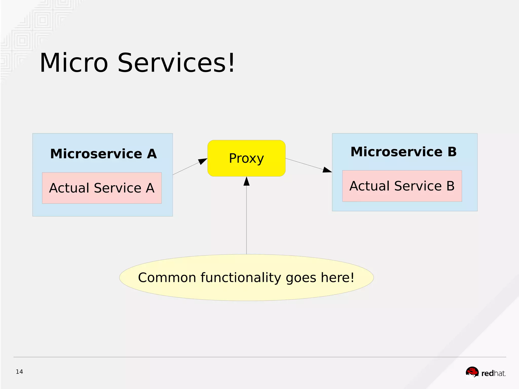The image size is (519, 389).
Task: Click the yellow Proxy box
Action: tap(246, 158)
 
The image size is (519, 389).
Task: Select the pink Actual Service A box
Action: tap(102, 188)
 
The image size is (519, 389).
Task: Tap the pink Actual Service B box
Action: tap(402, 186)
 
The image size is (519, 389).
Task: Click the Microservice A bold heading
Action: tap(103, 154)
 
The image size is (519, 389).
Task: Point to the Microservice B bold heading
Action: tap(403, 152)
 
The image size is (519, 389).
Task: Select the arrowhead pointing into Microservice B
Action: tap(327, 170)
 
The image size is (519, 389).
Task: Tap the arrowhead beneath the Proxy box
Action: tap(247, 181)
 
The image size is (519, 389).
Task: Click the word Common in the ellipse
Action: tap(167, 278)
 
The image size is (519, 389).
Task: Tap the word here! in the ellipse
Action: tap(338, 278)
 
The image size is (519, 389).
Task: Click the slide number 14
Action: tap(19, 372)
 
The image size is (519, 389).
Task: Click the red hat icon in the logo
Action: tap(472, 372)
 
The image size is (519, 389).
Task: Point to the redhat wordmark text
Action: tap(493, 373)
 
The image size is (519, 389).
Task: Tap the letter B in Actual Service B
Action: tap(450, 186)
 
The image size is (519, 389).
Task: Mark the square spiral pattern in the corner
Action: tap(42, 20)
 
